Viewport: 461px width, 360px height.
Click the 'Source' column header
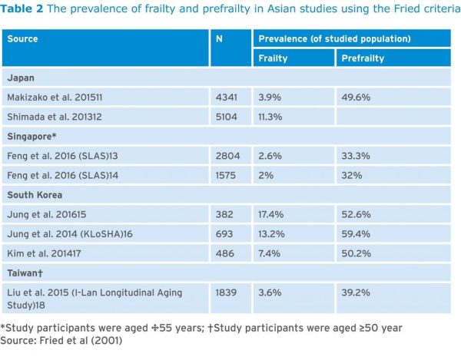[22, 38]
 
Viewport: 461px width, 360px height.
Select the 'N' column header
[219, 38]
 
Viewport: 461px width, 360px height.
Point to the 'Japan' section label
[21, 78]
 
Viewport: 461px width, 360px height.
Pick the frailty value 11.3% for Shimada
[272, 117]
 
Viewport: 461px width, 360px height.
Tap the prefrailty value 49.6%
[354, 97]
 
